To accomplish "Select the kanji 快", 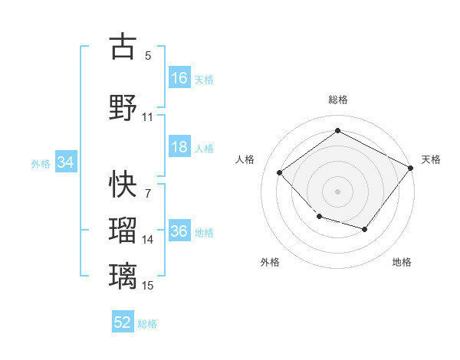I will pos(123,184).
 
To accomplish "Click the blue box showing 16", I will pos(179,78).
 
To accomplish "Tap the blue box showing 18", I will pos(179,148).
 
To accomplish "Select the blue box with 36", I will pos(179,232).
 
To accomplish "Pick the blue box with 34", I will pos(66,162).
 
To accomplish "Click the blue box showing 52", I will pos(123,322).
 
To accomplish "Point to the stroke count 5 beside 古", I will pos(148,56).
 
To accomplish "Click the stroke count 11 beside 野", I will pos(148,117).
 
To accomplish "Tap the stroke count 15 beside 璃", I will pos(148,286).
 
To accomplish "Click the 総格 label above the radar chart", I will pos(337,100).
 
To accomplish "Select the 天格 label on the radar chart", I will pos(431,159).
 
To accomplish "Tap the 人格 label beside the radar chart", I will pos(245,159).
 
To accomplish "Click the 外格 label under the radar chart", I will pos(270,262).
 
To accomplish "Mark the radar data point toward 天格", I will pos(411,169).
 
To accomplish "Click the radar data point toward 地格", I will pos(365,230).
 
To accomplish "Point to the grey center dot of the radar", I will pos(337,191).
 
